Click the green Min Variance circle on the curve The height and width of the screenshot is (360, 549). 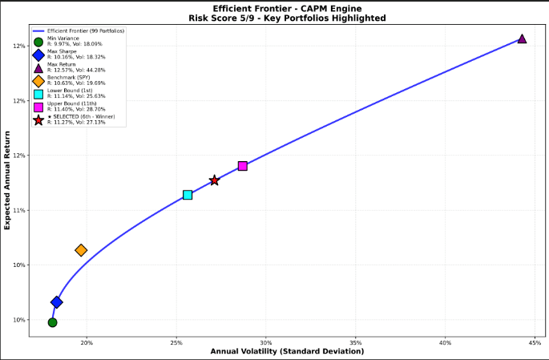52,322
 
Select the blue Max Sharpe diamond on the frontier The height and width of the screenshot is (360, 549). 57,302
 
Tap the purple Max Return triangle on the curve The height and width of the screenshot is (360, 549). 522,38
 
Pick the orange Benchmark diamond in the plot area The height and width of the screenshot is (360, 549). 81,250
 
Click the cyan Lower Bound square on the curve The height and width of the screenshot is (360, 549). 188,195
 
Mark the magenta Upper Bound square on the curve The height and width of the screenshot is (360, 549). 243,166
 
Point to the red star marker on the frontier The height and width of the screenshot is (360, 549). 214,180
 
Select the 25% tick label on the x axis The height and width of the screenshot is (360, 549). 176,343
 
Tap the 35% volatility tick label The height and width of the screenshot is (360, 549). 356,343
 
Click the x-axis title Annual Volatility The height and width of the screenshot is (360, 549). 287,352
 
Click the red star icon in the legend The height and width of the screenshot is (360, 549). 38,119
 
